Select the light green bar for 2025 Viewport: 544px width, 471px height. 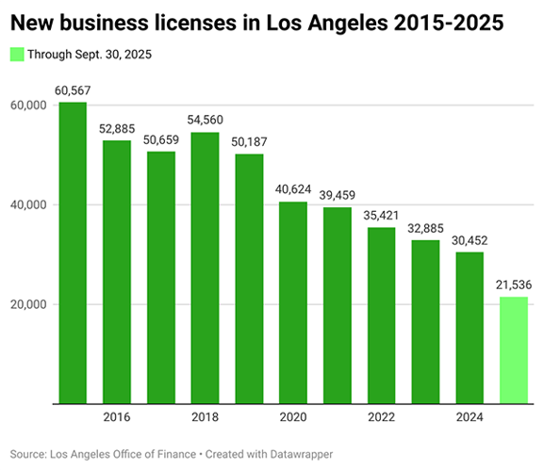click(513, 350)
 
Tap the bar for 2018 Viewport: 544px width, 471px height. click(205, 268)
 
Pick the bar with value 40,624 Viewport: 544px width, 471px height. click(292, 302)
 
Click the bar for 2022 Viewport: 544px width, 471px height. click(381, 316)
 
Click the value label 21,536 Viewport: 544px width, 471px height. click(513, 285)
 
